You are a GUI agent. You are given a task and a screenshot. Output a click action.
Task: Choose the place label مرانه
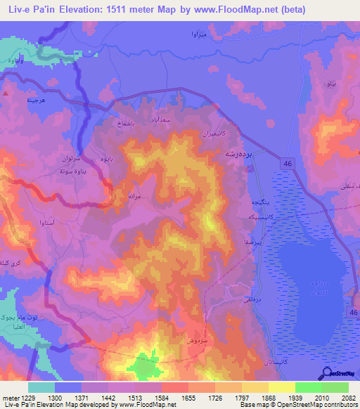click(135, 193)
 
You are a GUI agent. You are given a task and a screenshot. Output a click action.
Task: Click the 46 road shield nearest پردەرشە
click(288, 163)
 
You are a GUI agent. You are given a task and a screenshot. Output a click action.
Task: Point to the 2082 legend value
click(348, 397)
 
